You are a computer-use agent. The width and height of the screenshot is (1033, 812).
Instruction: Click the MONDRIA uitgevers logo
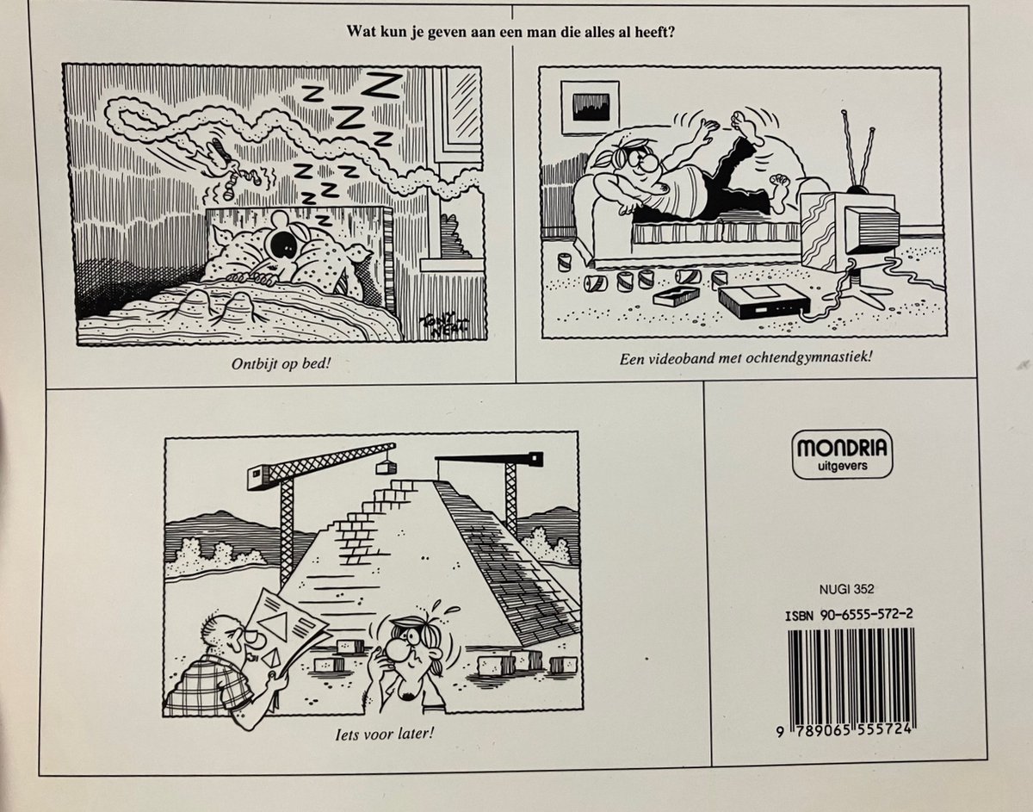[x=842, y=454]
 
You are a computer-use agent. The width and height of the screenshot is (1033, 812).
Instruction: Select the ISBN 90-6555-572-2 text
[x=849, y=615]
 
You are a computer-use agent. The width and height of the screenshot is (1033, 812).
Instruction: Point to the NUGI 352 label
[x=847, y=589]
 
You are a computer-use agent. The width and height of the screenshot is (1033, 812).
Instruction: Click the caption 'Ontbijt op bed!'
[x=281, y=364]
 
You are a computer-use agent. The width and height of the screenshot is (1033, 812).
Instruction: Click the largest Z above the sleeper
[x=383, y=85]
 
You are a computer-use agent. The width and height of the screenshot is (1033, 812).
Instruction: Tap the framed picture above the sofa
[x=590, y=108]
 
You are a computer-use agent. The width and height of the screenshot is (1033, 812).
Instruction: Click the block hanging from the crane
[x=386, y=468]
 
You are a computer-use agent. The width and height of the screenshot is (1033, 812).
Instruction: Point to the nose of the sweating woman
[x=397, y=649]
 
